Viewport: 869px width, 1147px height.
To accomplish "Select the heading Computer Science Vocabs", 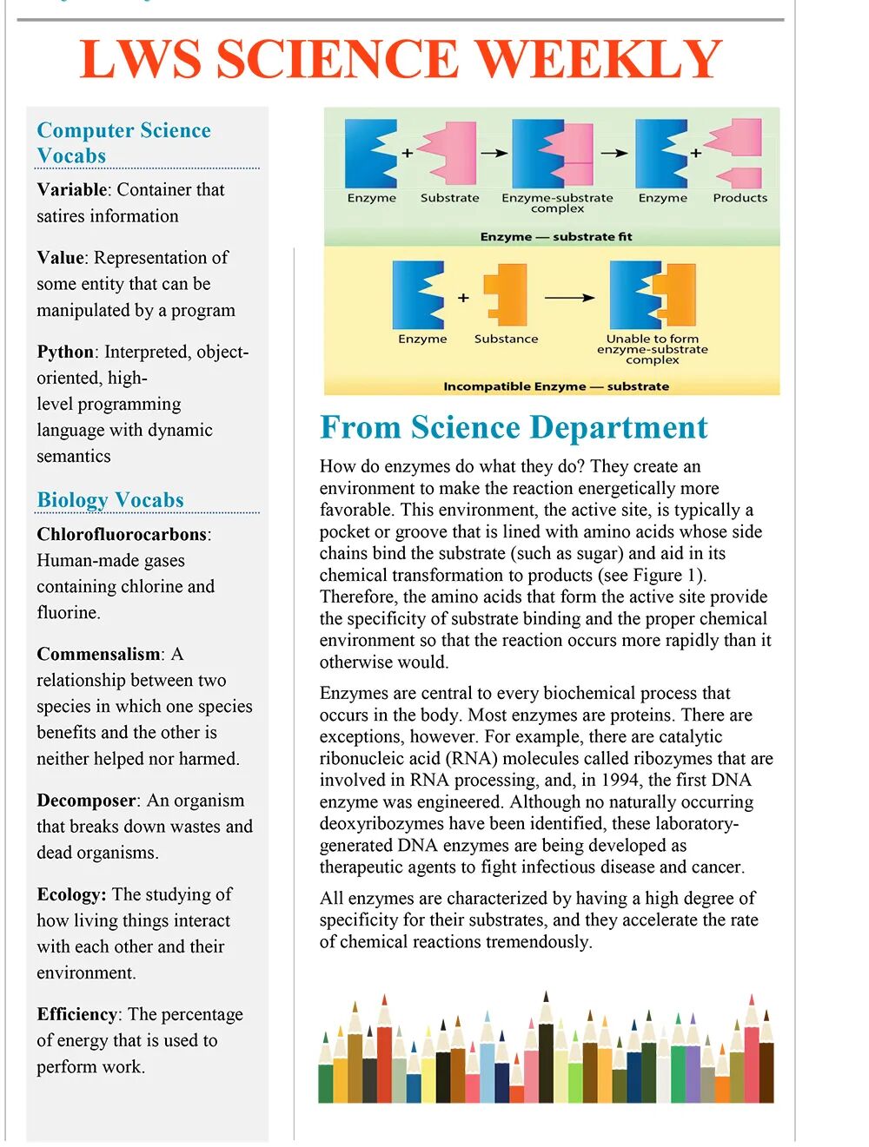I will coord(123,142).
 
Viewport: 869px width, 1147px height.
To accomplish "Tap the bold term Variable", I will coord(72,189).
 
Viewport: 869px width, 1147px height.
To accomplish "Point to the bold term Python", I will coord(65,352).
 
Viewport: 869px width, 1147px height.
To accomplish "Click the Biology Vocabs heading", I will coord(110,500).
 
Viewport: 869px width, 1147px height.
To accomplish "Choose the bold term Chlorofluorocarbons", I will coord(122,534).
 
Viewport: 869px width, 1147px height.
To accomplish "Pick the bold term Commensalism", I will coord(98,654).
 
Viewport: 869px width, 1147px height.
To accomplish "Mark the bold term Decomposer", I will coord(87,801).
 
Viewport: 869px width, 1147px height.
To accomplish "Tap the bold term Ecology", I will coord(70,894).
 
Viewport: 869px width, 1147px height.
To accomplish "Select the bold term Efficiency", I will coord(77,1014).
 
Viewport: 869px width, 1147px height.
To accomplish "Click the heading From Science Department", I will coord(514,427).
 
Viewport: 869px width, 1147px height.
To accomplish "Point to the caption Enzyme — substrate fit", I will coord(556,236).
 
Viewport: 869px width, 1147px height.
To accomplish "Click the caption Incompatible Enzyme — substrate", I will coord(556,386).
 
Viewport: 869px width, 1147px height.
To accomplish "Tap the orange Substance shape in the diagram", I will coord(506,294).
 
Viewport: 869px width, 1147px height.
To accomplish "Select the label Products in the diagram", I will coord(740,198).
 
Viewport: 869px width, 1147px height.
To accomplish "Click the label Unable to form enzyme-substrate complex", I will coord(652,349).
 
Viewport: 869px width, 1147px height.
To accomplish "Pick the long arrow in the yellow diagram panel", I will coord(569,298).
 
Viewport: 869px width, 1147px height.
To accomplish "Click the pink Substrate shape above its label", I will coord(449,153).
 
